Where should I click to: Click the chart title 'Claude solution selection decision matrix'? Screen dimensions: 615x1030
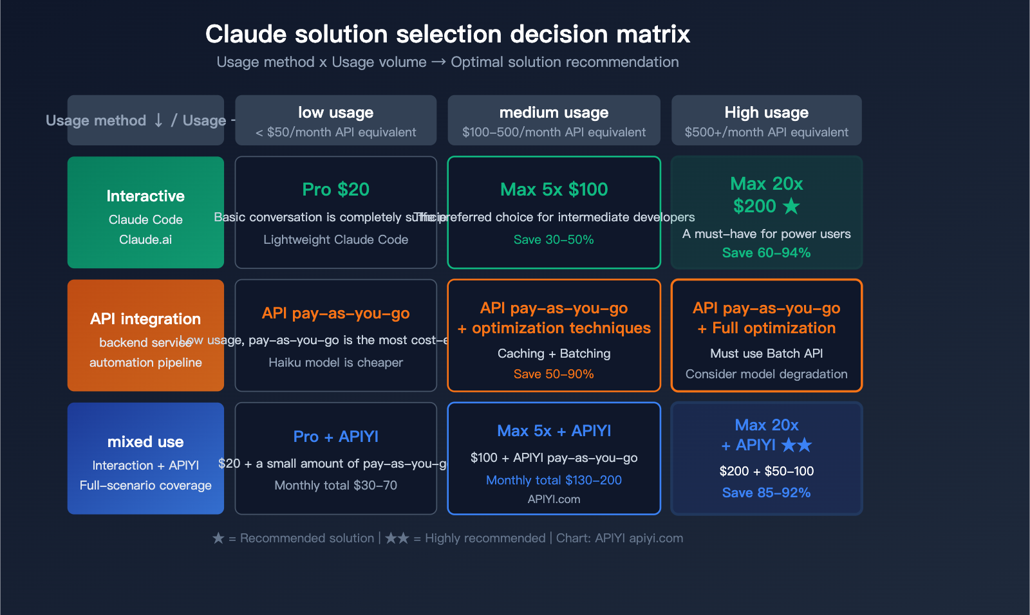(x=447, y=34)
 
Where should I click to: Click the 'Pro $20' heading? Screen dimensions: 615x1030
(x=335, y=189)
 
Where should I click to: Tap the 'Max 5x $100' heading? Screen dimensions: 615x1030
(x=554, y=189)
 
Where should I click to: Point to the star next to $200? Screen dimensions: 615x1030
(x=791, y=206)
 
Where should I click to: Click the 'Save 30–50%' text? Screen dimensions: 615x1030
(x=554, y=239)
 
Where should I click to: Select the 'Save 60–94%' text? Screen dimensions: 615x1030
(x=766, y=253)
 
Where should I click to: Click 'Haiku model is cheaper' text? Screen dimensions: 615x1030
(x=335, y=362)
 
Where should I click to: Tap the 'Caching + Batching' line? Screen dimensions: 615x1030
(x=554, y=353)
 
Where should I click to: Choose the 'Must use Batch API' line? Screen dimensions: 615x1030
(x=766, y=353)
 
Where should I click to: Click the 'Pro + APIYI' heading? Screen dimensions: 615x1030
(x=335, y=436)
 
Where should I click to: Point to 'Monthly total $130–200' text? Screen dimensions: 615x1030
(x=554, y=480)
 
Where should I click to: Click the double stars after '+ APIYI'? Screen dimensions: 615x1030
(x=796, y=445)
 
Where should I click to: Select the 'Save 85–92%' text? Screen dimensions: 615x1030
(x=766, y=493)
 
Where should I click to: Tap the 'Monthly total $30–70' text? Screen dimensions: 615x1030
(x=335, y=485)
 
